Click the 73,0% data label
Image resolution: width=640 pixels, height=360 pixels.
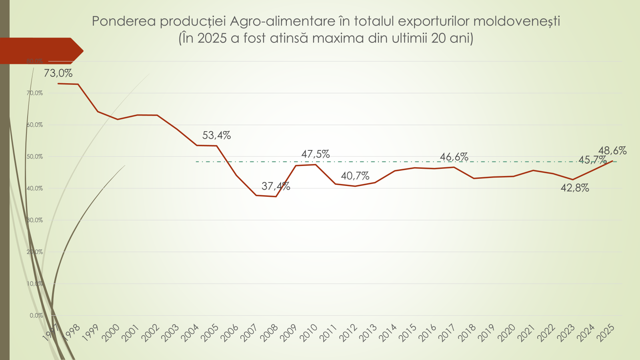58,74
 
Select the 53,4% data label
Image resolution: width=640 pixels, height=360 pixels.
216,136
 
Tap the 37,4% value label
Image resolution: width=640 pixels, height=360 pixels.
276,186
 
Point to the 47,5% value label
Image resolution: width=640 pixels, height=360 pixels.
315,154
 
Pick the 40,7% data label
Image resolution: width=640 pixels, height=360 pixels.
355,176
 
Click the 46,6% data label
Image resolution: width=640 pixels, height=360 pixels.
454,157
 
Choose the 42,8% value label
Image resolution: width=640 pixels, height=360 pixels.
575,188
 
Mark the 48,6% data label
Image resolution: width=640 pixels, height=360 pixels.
612,151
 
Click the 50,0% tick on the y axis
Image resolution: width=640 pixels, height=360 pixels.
35,157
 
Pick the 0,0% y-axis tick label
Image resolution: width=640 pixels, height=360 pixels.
36,316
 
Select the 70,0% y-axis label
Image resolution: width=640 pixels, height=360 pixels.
35,93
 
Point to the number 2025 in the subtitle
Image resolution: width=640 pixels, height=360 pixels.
212,38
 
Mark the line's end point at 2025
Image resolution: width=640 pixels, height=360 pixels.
612,161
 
